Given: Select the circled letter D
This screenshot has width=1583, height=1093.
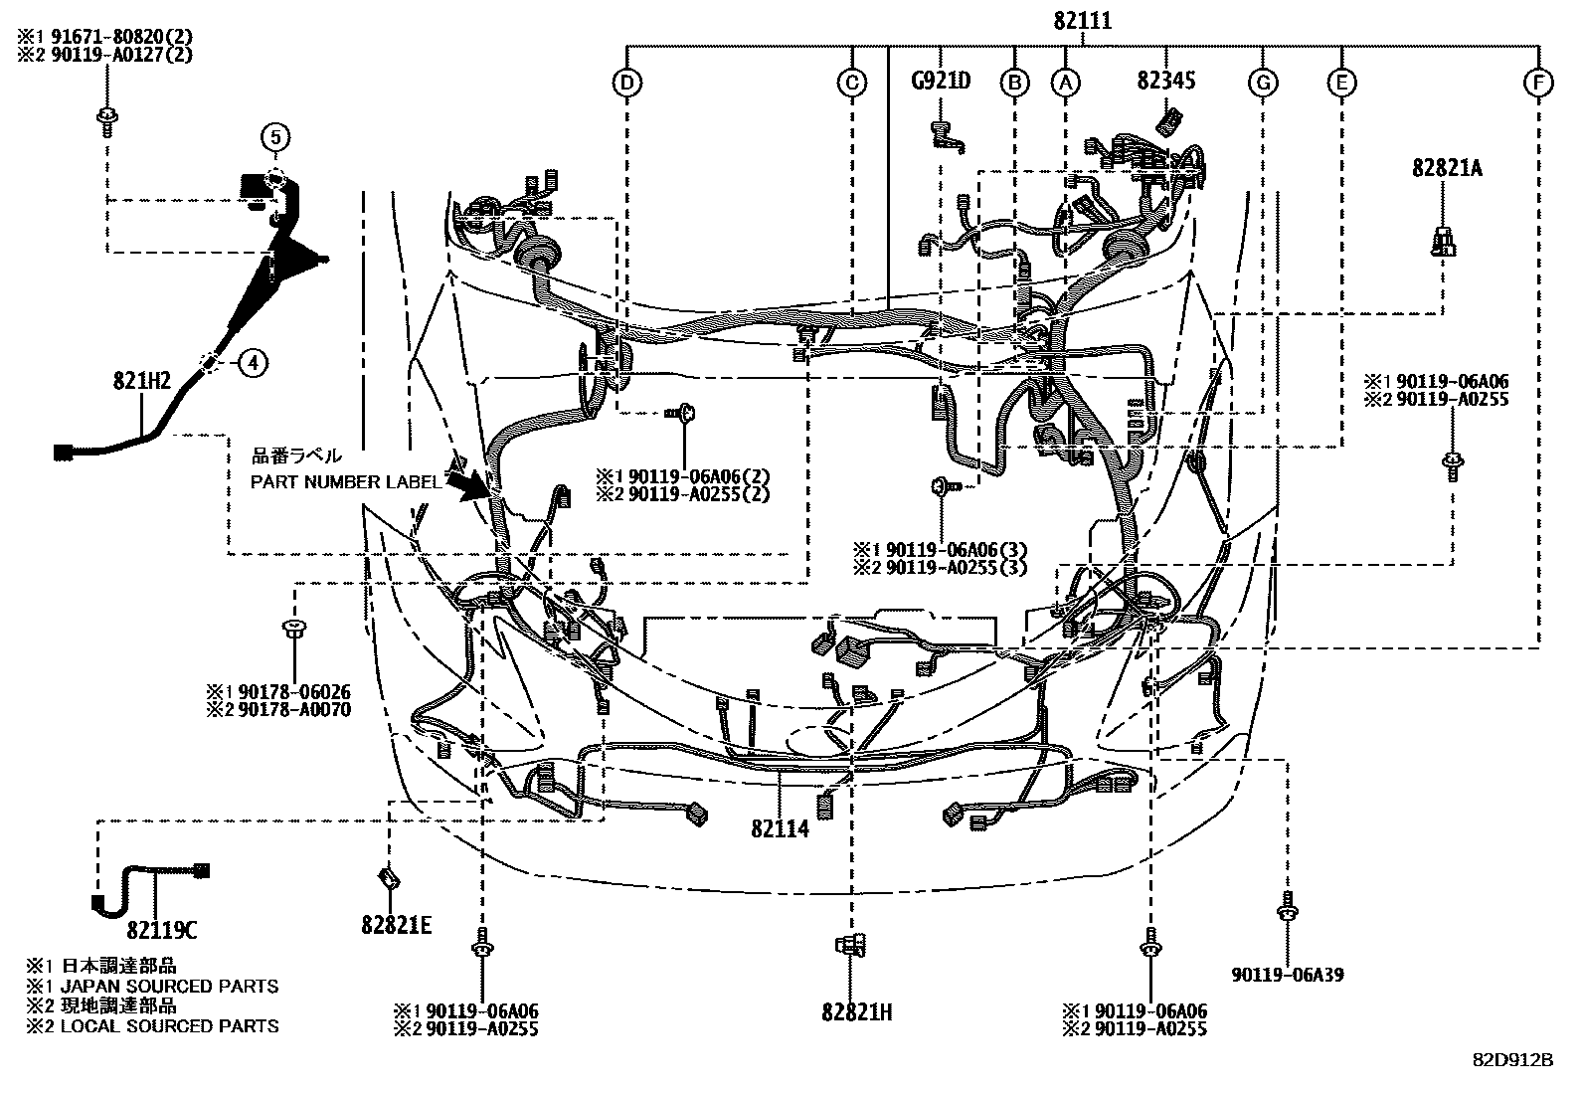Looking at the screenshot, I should click(x=626, y=83).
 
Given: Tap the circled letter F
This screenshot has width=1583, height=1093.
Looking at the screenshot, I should click(x=1538, y=83).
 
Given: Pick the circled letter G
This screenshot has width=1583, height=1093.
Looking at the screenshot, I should click(x=1263, y=83).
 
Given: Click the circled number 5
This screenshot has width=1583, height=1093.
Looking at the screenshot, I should click(x=275, y=135).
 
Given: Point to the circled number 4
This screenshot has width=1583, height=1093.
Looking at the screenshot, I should click(x=253, y=364).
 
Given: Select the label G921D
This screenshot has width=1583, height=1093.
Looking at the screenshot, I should click(x=941, y=81).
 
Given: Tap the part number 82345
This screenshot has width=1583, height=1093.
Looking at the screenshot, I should click(x=1166, y=81).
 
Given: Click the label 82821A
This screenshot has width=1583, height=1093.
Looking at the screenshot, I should click(x=1447, y=168).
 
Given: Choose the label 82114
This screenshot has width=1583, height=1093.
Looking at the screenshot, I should click(x=781, y=828).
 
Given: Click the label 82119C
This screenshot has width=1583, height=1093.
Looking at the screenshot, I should click(x=161, y=931).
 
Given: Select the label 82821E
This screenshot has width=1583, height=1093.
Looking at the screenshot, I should click(x=396, y=925).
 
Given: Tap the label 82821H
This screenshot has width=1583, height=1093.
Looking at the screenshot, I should click(x=857, y=1012).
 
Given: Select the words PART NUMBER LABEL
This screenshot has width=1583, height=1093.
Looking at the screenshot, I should click(x=344, y=482).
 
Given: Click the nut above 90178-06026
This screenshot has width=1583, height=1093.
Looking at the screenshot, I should click(x=293, y=628).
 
